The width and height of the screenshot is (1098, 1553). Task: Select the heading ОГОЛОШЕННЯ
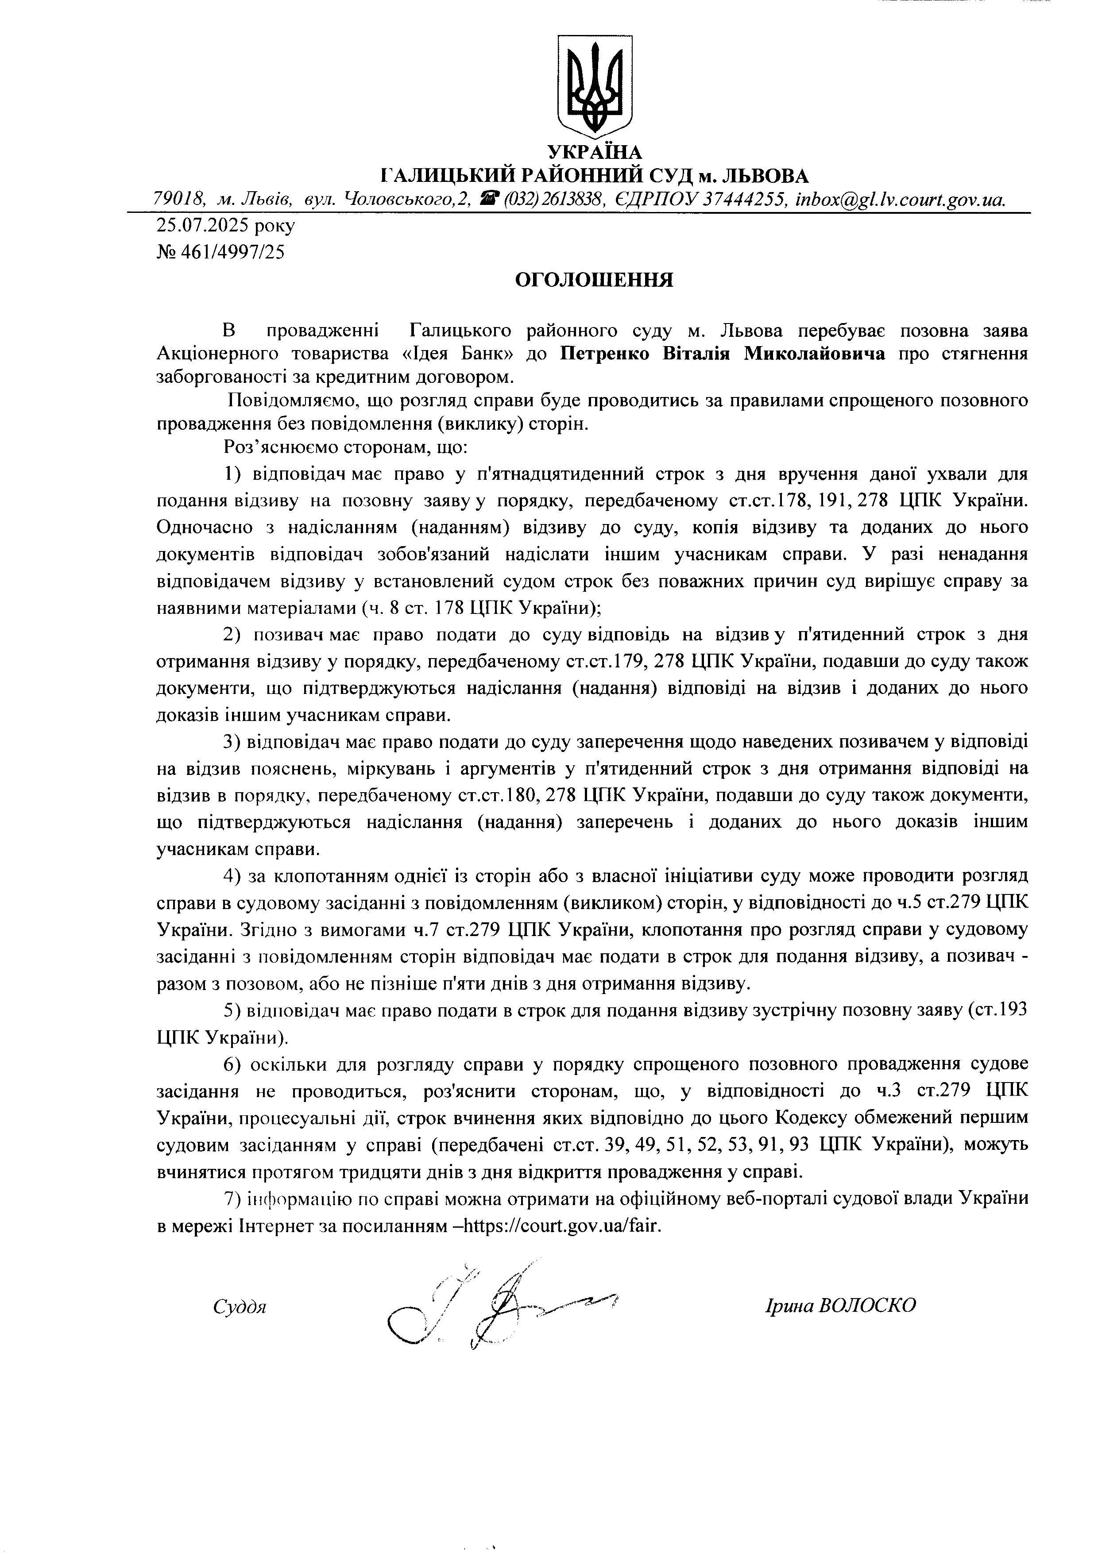594,281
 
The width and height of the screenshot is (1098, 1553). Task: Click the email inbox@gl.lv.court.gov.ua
901,200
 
